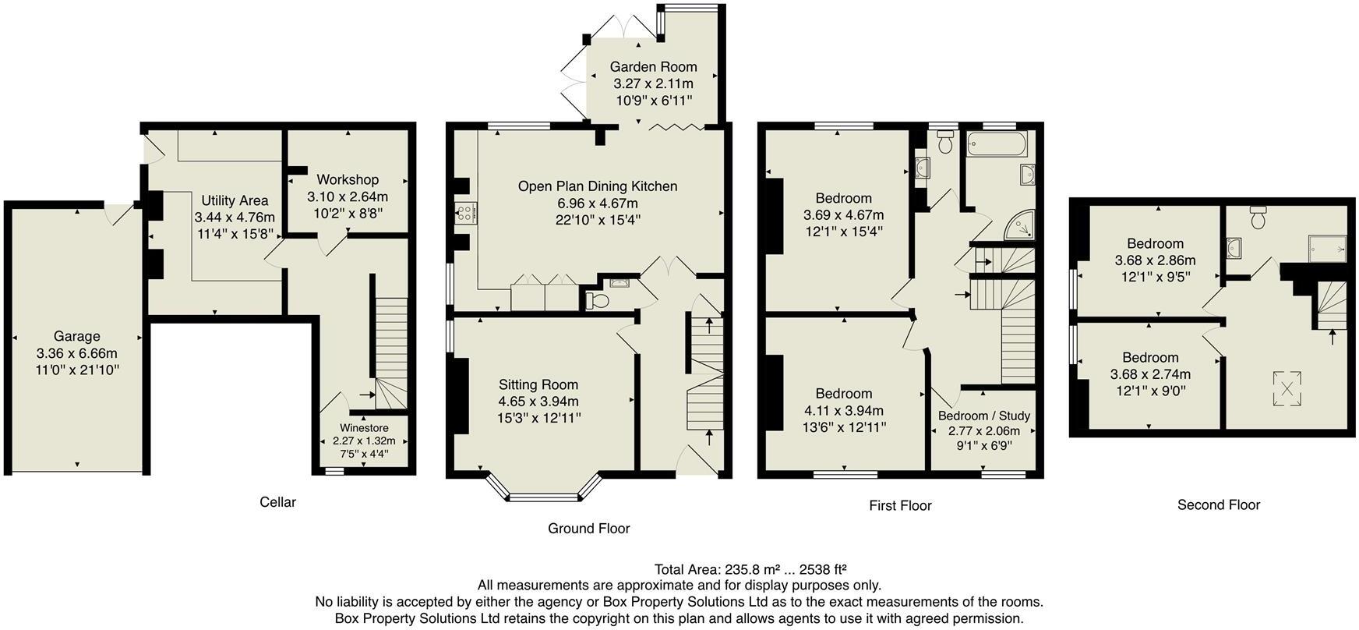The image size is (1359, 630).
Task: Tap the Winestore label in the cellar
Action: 364,427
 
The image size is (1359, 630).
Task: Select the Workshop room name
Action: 348,179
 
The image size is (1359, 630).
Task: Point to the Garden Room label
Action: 653,66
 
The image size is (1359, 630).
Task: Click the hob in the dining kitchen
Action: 467,212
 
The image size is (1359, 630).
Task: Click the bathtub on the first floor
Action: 997,144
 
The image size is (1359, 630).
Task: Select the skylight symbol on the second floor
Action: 1287,388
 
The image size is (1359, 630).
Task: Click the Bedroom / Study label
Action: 983,416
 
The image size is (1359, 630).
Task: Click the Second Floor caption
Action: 1218,504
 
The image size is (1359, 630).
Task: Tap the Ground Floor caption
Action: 588,528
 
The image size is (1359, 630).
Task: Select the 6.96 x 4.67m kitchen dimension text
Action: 597,203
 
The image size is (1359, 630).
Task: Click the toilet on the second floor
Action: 1257,218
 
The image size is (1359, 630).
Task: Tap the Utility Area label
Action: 235,200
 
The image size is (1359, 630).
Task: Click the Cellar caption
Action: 277,502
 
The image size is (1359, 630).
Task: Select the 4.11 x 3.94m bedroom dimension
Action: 843,410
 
